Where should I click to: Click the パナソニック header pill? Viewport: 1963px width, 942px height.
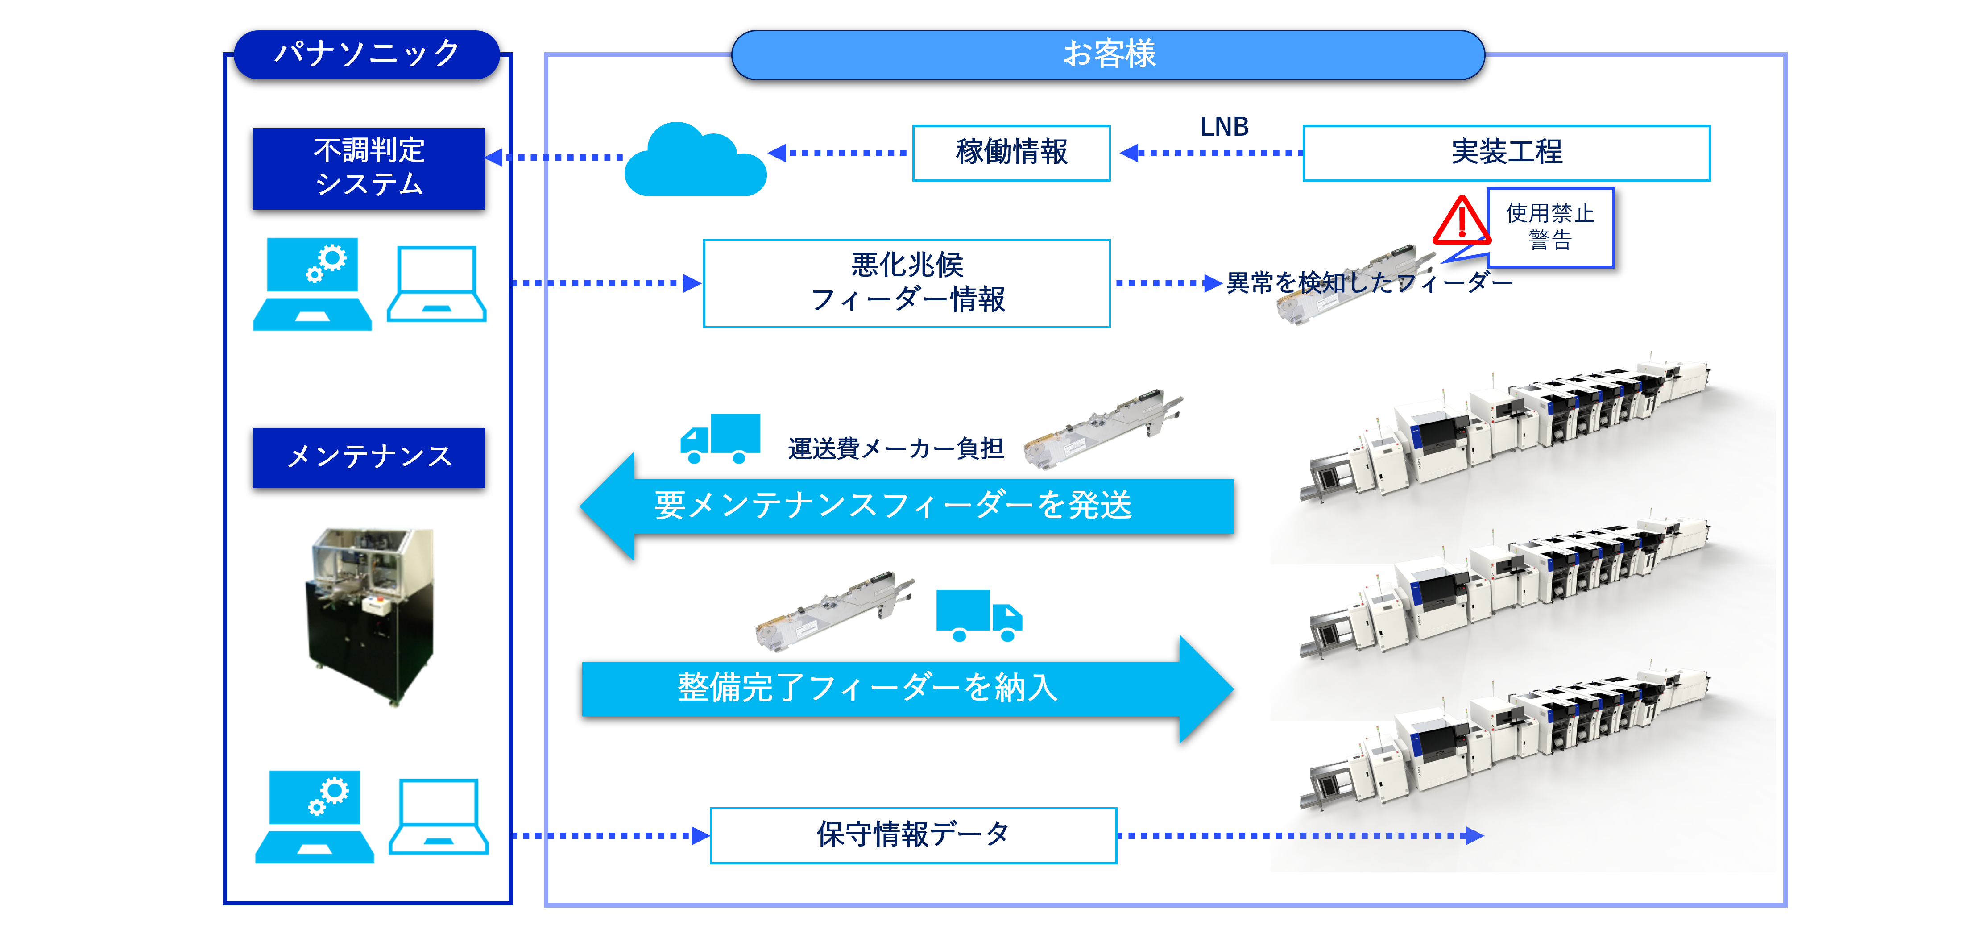click(367, 54)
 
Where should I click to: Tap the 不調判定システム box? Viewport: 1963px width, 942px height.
click(369, 168)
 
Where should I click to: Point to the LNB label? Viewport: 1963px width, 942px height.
click(1224, 127)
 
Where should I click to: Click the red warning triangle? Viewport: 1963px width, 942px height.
click(1460, 222)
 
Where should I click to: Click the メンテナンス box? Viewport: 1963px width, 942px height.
click(369, 457)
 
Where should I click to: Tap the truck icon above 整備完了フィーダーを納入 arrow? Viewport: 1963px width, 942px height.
click(978, 615)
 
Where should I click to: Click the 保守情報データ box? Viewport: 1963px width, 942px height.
click(913, 835)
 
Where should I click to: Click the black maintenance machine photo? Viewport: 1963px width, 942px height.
click(371, 616)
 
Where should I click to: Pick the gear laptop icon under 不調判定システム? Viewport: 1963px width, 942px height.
click(312, 284)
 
